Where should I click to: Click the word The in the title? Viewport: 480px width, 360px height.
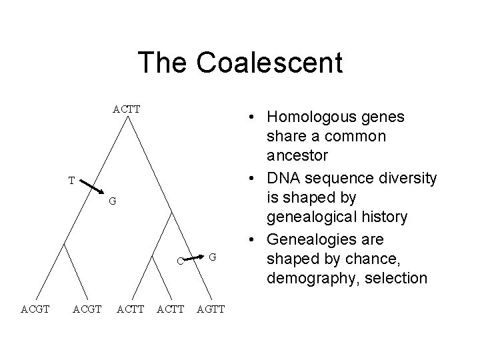(x=163, y=63)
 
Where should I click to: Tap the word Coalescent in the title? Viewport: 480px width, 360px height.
(x=269, y=63)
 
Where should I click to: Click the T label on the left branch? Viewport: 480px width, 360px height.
(x=71, y=181)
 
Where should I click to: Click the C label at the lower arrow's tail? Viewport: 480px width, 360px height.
(x=180, y=261)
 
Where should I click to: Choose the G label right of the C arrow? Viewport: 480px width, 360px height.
(x=212, y=256)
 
